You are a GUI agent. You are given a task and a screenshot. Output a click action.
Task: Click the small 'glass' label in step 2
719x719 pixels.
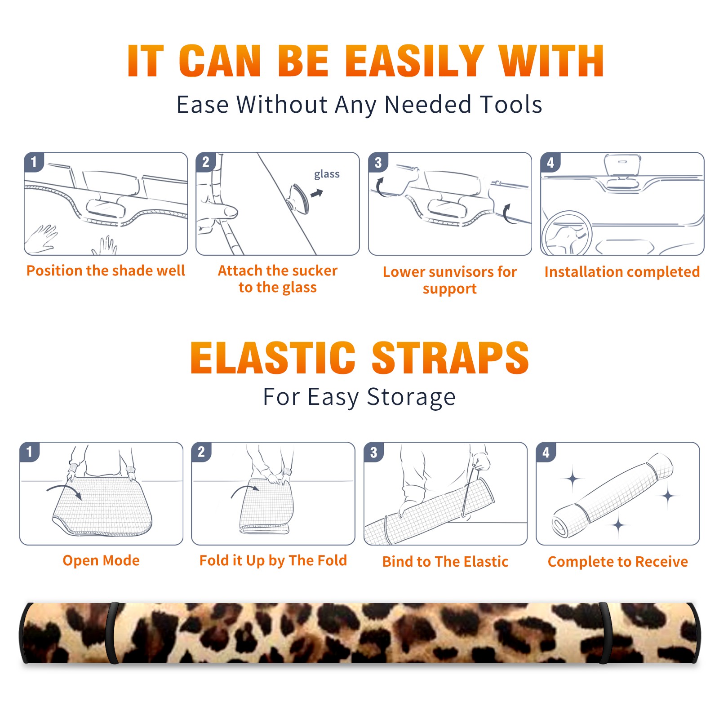[x=327, y=174]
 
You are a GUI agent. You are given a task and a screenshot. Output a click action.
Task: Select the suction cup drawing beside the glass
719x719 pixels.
[x=297, y=198]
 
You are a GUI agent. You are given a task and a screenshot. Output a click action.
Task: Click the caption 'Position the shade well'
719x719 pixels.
[x=106, y=271]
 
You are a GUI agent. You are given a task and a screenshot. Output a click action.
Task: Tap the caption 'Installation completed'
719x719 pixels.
[x=622, y=271]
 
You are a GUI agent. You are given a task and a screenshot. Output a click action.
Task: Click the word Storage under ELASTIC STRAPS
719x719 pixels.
[x=411, y=397]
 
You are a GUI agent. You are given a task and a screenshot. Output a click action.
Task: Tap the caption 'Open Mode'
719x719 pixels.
[x=101, y=560]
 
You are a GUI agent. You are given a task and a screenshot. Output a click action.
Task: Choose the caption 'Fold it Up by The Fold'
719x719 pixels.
[x=273, y=560]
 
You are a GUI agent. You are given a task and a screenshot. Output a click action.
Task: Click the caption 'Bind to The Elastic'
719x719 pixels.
[x=445, y=562]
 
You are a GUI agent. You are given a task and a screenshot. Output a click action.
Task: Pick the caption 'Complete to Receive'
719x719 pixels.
[x=618, y=562]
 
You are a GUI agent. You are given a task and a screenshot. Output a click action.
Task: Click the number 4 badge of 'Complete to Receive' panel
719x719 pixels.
[x=546, y=452]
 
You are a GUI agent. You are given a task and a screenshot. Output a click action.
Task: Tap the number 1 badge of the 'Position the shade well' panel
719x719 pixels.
[x=34, y=162]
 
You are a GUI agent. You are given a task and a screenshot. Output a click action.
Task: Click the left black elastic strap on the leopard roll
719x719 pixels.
[x=113, y=633]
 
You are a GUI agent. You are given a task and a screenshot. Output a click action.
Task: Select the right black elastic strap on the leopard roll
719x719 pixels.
[x=604, y=633]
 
